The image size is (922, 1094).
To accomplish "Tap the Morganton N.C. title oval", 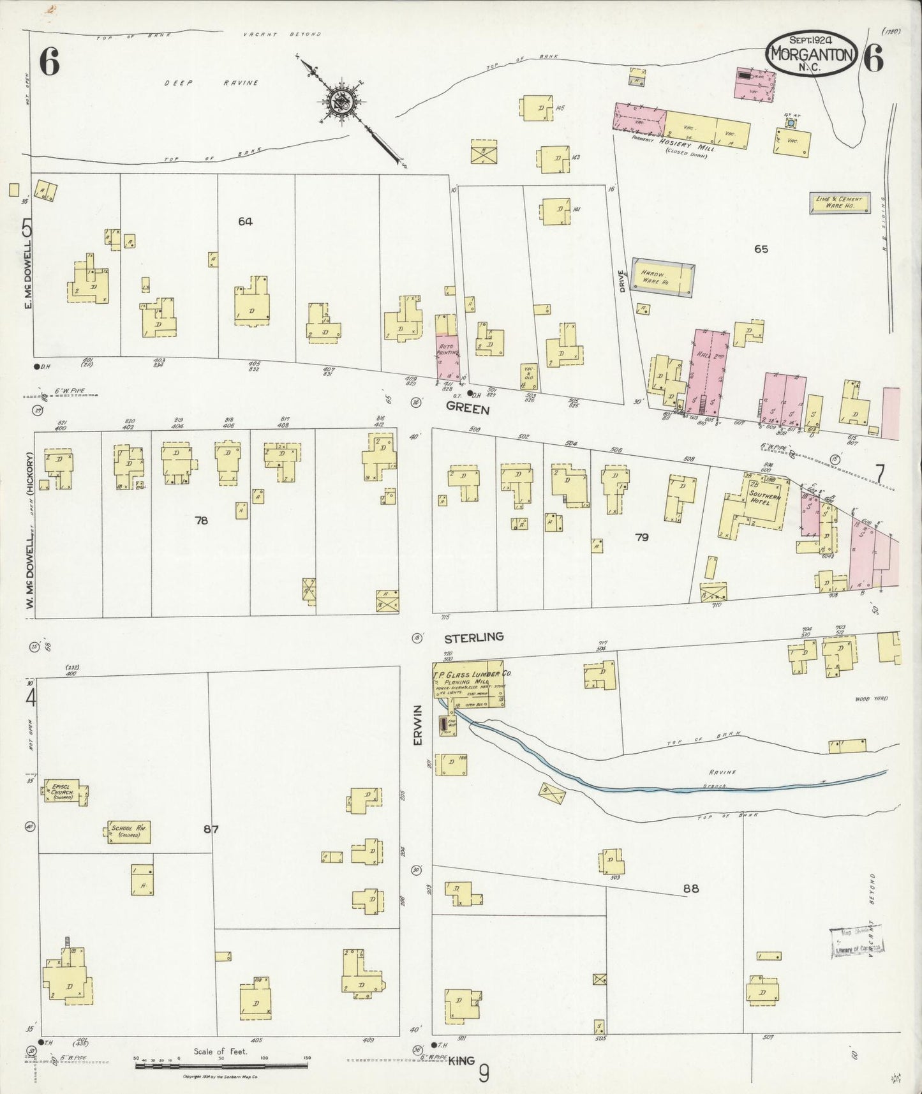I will [x=811, y=54].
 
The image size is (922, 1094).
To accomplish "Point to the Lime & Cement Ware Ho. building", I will [x=839, y=203].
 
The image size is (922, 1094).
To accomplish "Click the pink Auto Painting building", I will [x=448, y=357].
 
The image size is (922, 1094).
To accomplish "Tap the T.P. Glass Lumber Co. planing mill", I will [x=469, y=684].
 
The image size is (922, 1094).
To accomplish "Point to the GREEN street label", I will [x=467, y=408].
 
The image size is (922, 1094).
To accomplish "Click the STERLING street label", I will [x=473, y=636].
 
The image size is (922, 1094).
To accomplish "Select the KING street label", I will [x=461, y=1061].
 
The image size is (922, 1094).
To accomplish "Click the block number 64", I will [x=245, y=221].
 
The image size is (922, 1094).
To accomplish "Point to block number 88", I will [x=691, y=888].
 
